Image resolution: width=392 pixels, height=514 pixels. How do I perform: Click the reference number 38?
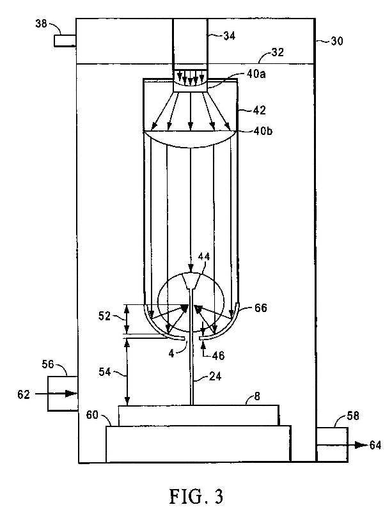41,24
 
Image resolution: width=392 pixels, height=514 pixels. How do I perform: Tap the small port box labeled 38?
65,41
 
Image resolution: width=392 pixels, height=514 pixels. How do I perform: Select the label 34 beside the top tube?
229,36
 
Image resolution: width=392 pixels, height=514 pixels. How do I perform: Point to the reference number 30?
336,41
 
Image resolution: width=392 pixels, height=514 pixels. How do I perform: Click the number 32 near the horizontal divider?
278,52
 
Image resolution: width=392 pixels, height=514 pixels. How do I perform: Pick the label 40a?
256,74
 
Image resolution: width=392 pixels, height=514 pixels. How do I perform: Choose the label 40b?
263,131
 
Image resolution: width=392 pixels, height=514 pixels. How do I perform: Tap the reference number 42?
259,110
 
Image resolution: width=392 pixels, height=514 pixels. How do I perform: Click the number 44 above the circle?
203,256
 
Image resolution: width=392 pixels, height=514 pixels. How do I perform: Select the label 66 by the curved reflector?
260,308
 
